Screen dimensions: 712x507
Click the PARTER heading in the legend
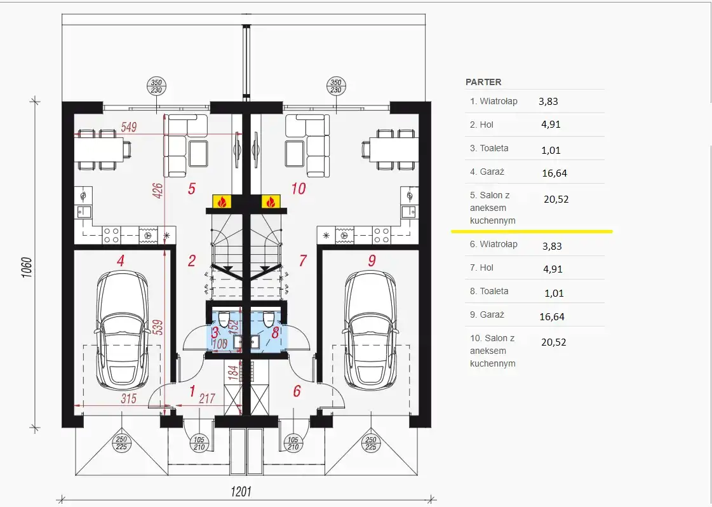(483, 82)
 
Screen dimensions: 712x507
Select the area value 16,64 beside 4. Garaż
(554, 173)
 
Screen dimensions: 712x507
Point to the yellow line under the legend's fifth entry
(532, 231)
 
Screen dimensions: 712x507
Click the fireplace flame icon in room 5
(222, 201)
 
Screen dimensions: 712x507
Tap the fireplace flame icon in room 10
(271, 201)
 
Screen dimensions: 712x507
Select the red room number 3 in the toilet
(214, 332)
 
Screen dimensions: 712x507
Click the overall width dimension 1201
(241, 492)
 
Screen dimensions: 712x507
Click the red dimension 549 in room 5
(128, 127)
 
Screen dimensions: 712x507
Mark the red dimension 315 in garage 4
(128, 398)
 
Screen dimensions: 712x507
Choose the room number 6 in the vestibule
(297, 391)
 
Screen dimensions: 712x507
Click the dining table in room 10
(390, 149)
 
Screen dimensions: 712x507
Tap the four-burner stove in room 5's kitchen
(111, 235)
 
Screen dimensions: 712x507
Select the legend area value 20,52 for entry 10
(553, 342)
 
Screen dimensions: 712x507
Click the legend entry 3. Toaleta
(489, 148)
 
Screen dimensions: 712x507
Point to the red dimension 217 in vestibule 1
(207, 398)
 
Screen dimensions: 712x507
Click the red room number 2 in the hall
(192, 260)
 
